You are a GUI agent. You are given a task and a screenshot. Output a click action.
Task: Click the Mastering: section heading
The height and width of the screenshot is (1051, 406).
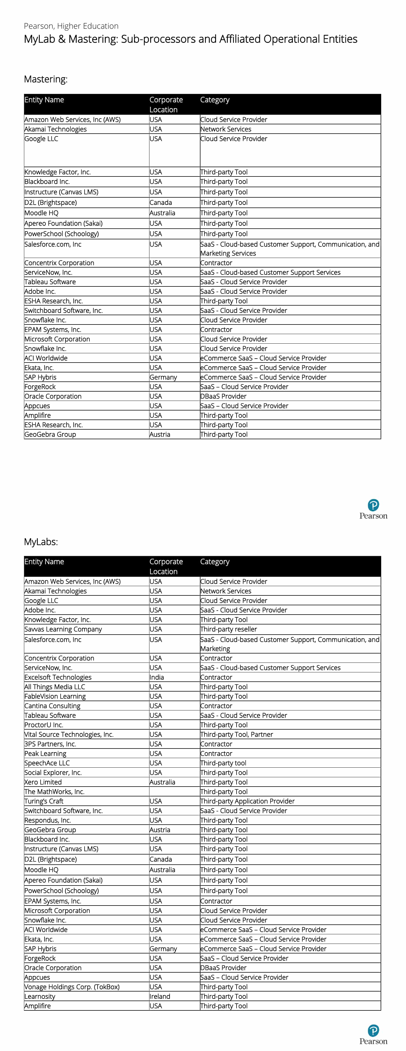[46, 79]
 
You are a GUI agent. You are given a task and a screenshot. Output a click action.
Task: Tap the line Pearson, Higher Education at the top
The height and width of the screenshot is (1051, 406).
[71, 26]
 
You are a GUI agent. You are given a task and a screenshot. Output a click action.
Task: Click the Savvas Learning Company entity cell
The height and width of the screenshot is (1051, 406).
[63, 629]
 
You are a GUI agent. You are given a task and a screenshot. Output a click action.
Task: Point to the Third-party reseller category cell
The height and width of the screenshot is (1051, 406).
[228, 629]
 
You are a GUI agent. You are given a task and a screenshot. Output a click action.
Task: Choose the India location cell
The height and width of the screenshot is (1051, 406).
[157, 677]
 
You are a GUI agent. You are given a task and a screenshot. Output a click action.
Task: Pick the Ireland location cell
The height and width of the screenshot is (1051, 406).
[160, 996]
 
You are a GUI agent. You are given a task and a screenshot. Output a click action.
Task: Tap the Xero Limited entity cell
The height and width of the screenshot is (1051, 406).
[43, 782]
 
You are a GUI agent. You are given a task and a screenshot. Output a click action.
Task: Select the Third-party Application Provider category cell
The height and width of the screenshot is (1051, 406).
[247, 801]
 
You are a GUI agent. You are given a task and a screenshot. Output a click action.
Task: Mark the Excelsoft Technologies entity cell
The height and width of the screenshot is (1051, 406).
[58, 677]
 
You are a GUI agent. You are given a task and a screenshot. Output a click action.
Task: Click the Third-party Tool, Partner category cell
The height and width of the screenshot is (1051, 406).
[237, 734]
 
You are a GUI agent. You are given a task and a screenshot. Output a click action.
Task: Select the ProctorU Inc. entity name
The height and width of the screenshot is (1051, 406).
[44, 725]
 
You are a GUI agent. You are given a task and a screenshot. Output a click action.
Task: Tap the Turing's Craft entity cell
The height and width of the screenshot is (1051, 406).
[44, 801]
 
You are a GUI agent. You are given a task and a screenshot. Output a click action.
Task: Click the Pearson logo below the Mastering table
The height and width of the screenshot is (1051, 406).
[373, 509]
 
